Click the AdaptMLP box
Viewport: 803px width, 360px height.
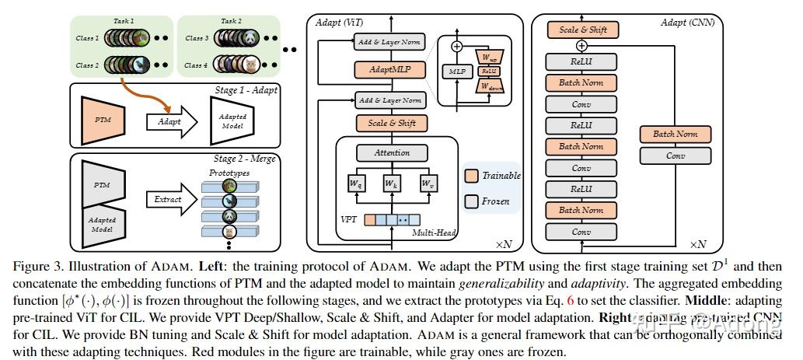point(390,71)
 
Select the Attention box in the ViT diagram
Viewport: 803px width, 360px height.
point(393,153)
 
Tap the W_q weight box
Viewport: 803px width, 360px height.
point(355,184)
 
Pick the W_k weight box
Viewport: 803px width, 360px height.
point(392,184)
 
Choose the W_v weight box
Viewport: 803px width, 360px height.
point(428,184)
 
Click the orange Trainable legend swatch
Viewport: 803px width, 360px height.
point(471,175)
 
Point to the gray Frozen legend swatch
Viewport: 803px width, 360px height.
point(471,201)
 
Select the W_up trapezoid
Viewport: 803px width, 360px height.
point(490,57)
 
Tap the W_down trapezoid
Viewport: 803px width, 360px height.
point(490,86)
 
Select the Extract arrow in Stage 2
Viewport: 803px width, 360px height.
point(169,199)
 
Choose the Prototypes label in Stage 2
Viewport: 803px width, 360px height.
point(229,173)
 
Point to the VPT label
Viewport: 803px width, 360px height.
point(349,219)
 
